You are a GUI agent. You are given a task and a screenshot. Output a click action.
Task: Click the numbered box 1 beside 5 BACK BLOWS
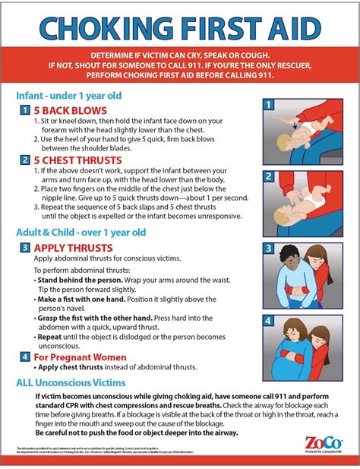pos(24,110)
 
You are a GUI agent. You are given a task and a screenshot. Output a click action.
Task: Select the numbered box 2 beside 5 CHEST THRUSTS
pos(24,160)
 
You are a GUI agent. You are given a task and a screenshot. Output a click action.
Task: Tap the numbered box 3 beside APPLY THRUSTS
pos(24,248)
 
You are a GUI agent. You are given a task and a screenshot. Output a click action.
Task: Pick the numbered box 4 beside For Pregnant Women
pos(24,356)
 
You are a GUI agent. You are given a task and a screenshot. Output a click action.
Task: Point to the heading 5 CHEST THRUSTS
pos(73,160)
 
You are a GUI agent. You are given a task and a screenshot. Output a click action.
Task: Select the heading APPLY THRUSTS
pos(73,248)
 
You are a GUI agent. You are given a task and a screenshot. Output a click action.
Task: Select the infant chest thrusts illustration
pos(302,203)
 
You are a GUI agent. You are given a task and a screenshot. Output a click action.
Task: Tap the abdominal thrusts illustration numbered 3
pos(302,276)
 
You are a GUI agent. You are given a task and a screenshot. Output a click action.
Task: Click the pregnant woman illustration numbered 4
pos(302,347)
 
